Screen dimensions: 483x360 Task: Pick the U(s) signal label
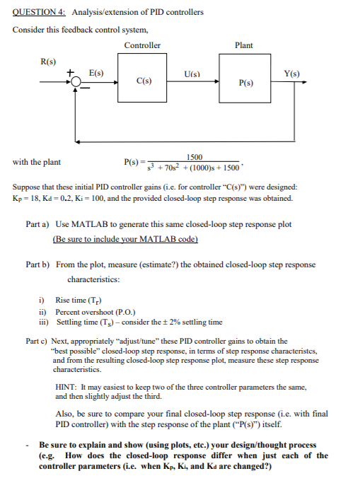(191, 73)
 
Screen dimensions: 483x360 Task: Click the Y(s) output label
(291, 73)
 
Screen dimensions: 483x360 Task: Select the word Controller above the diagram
(142, 45)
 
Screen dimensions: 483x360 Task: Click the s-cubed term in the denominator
(150, 167)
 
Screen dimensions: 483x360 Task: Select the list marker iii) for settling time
(43, 322)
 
